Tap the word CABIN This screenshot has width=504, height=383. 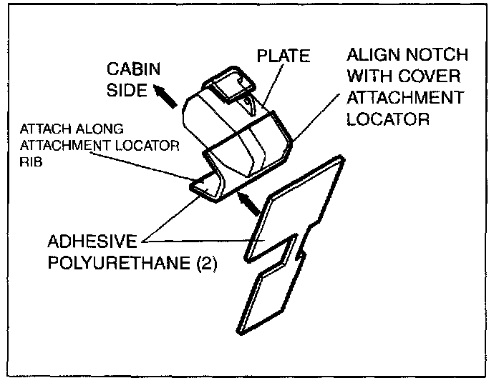134,70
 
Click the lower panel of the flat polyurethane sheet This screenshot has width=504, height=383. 273,293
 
